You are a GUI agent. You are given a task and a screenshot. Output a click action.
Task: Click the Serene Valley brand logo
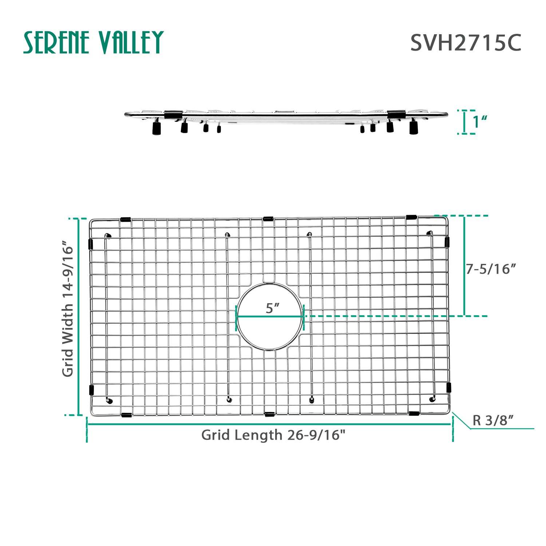[93, 42]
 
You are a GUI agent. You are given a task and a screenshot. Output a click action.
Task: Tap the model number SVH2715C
[466, 43]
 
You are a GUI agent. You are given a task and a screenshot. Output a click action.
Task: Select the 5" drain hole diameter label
[272, 308]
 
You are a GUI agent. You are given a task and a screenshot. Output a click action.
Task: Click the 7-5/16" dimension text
[491, 269]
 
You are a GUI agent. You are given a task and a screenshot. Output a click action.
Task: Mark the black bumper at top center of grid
[268, 219]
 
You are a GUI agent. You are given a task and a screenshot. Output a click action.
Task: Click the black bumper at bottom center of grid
[269, 414]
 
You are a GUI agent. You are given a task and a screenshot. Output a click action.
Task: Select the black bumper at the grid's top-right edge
[411, 217]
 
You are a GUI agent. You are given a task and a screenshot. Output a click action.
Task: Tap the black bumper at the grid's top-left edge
[125, 219]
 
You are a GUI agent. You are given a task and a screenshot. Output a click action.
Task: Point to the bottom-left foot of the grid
[109, 401]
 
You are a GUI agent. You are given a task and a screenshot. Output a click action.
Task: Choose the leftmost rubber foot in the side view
[157, 128]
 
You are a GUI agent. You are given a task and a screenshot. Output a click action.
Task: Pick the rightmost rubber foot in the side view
[414, 128]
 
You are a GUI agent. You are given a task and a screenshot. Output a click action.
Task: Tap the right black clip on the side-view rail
[396, 114]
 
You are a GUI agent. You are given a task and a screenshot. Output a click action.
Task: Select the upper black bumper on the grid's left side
[91, 244]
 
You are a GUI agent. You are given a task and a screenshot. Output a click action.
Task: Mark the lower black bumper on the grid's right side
[449, 387]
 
